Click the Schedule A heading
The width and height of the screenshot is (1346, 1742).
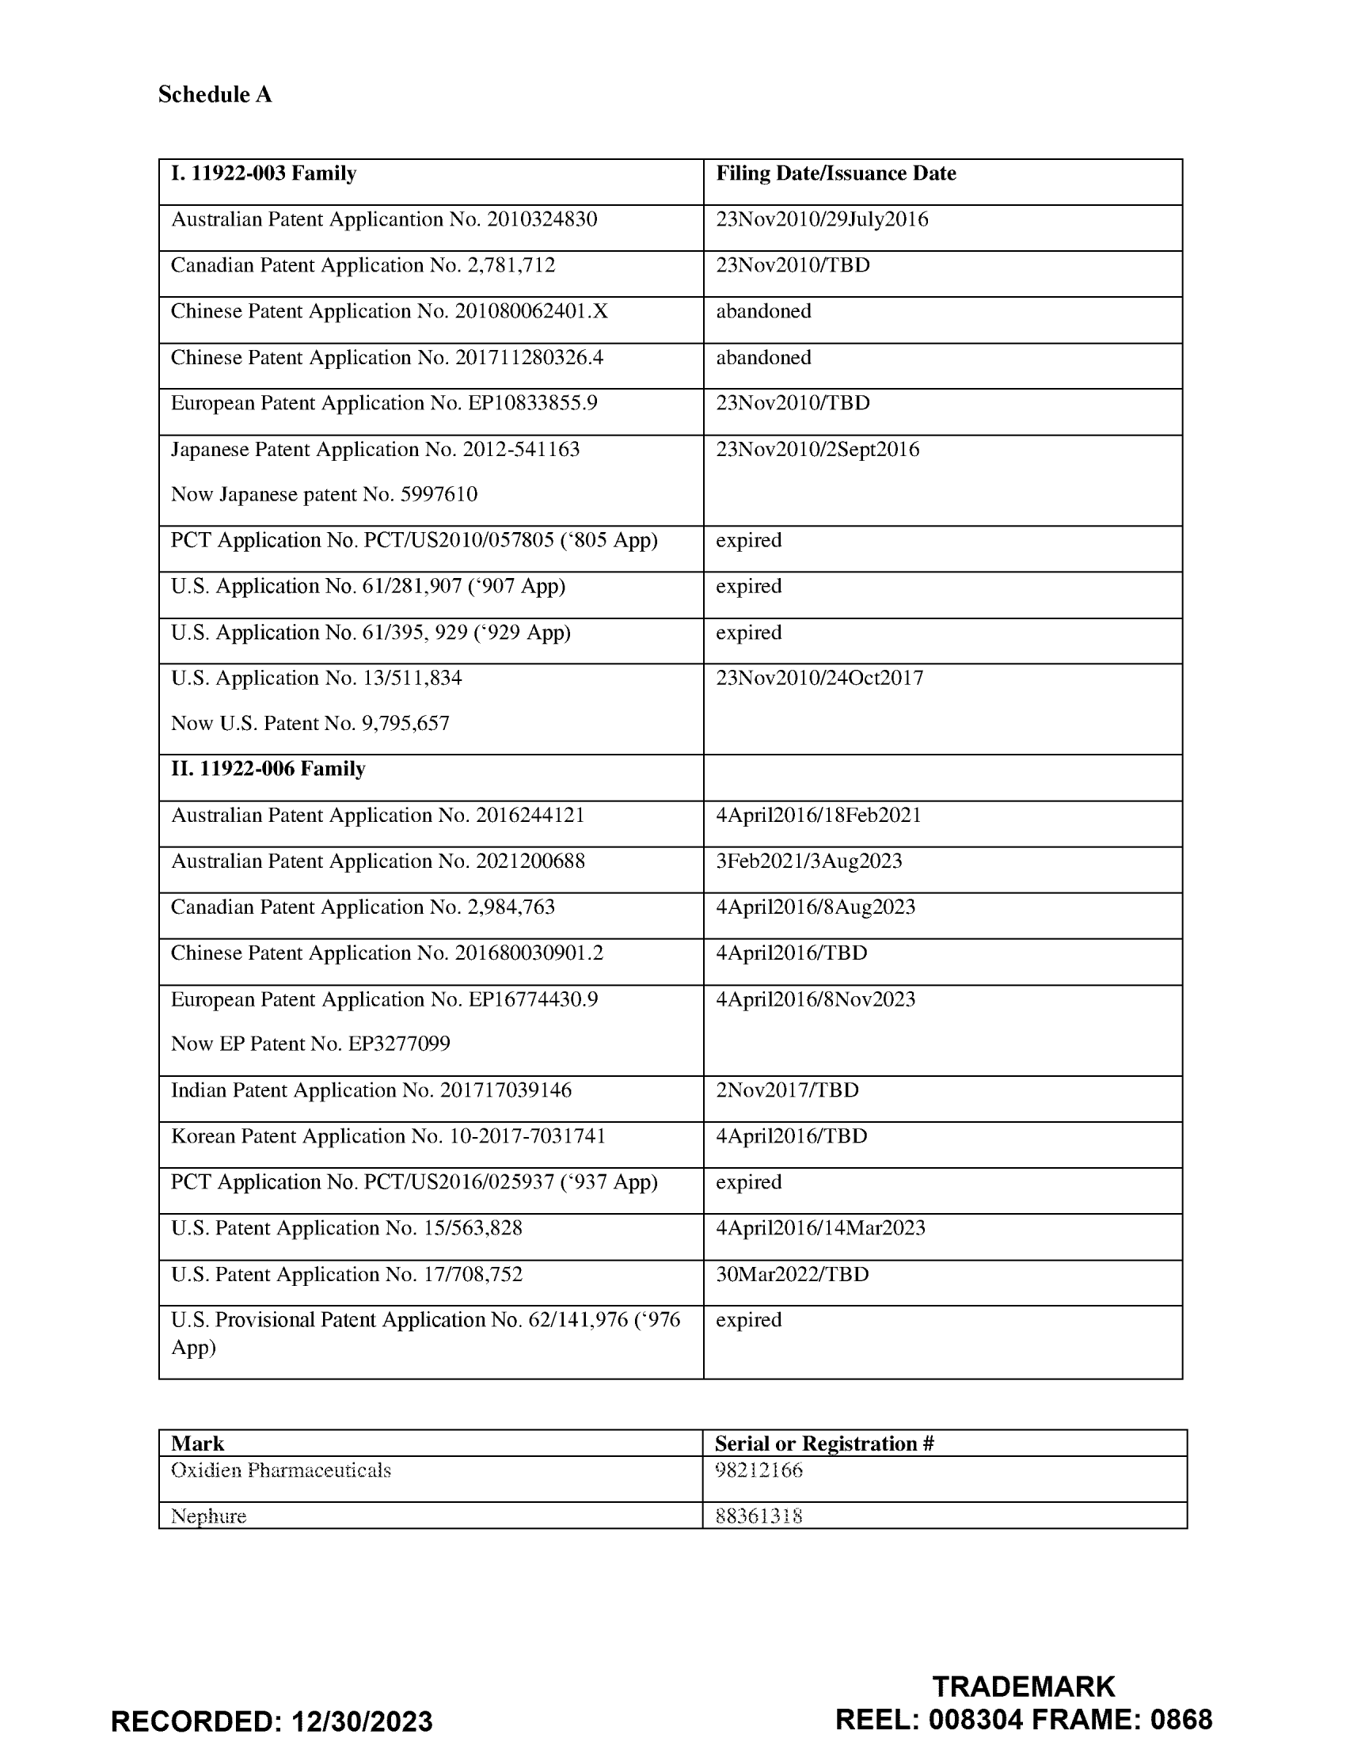point(215,95)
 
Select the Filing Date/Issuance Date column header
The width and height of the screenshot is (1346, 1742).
point(835,174)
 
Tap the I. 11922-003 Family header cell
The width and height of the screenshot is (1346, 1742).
point(263,174)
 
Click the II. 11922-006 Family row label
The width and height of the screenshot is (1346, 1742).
point(268,769)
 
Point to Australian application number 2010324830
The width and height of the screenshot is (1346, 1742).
point(542,219)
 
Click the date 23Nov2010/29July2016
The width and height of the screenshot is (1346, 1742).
point(821,219)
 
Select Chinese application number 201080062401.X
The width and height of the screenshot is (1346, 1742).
point(531,311)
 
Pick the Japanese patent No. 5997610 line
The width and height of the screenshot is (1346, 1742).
point(324,495)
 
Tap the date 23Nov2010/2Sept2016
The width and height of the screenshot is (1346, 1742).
point(817,450)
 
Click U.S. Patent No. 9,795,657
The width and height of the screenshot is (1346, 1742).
point(310,724)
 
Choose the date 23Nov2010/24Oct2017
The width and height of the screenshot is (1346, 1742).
point(819,678)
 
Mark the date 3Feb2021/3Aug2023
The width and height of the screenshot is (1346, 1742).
point(808,861)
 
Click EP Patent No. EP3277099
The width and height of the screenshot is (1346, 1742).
point(310,1044)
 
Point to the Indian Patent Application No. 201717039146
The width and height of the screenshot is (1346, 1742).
point(371,1090)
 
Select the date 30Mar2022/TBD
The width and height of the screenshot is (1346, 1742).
point(792,1275)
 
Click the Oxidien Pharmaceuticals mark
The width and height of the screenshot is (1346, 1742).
point(281,1470)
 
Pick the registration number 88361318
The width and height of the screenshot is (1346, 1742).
point(759,1516)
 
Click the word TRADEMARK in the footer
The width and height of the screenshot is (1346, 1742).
point(1023,1687)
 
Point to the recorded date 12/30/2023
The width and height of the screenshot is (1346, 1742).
point(361,1721)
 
